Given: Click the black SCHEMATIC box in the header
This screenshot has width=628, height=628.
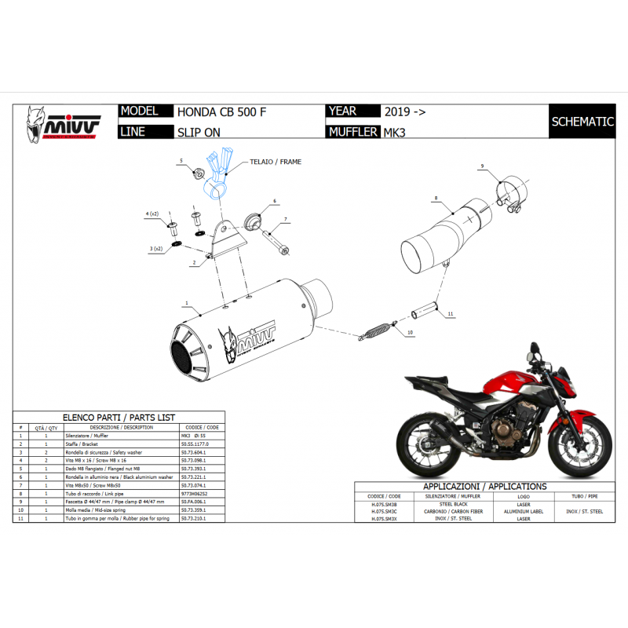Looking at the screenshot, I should (x=582, y=122).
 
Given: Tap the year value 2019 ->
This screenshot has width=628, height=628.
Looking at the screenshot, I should (x=405, y=112).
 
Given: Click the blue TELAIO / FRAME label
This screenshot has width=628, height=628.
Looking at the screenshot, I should (x=276, y=162).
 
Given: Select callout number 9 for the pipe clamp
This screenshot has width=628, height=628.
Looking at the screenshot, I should (x=483, y=166).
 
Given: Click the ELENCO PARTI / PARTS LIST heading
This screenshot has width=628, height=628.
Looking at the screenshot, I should (x=118, y=418).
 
